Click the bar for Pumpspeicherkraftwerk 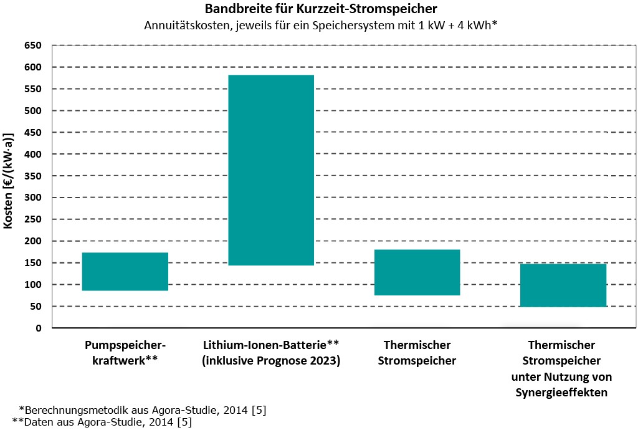(125, 271)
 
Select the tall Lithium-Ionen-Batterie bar (271, 170)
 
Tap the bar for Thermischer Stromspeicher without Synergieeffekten (417, 272)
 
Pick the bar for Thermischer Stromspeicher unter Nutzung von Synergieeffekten (563, 285)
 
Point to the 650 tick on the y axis (33, 45)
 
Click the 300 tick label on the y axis (33, 198)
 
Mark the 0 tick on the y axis (38, 328)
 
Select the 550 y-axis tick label (33, 89)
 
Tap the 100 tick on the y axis (33, 285)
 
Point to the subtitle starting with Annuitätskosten (322, 26)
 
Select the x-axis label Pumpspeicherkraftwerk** (125, 353)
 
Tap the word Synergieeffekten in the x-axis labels (561, 393)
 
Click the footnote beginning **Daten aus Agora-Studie (102, 423)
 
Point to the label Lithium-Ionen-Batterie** (271, 345)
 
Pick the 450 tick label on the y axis (33, 132)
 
